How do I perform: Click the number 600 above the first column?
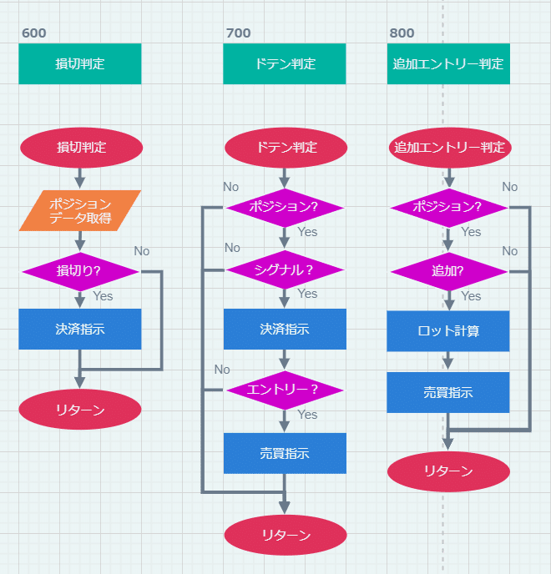point(34,33)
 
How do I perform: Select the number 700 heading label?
point(238,33)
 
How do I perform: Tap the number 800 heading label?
point(402,33)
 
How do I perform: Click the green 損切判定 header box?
point(80,63)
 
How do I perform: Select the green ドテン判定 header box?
point(285,63)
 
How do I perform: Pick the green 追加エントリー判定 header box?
point(448,63)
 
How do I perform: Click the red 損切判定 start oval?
point(81,148)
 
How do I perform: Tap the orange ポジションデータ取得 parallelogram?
point(80,210)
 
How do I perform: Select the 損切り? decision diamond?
point(80,270)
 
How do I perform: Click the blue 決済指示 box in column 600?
point(80,329)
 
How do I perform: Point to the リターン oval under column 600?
point(80,410)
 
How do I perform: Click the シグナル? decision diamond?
point(285,269)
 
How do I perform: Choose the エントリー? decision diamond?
point(285,390)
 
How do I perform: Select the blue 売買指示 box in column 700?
point(285,453)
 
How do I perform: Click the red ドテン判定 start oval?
point(285,148)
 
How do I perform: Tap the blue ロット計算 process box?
point(448,331)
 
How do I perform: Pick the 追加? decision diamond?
point(448,271)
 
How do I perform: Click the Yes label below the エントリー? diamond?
point(307,414)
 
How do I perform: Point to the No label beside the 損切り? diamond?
point(142,251)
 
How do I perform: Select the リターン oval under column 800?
point(448,471)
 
